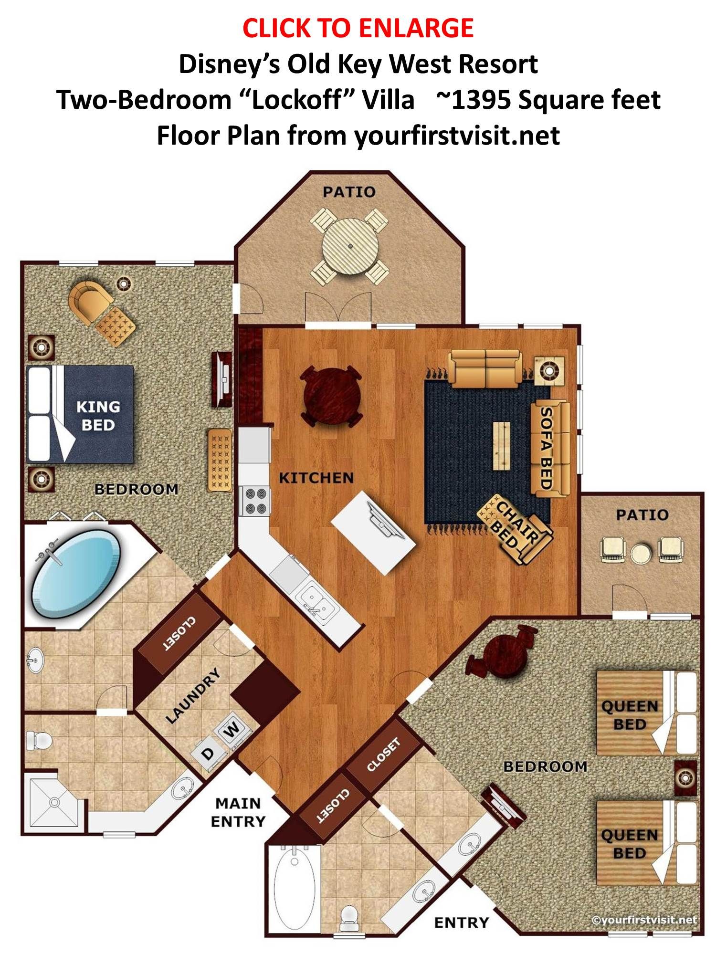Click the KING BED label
click(98, 416)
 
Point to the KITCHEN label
click(316, 478)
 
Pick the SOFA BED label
click(546, 448)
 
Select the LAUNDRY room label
click(193, 696)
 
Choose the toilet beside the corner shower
click(39, 741)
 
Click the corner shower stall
click(54, 805)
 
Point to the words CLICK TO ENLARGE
click(358, 28)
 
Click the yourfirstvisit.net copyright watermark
click(644, 920)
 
